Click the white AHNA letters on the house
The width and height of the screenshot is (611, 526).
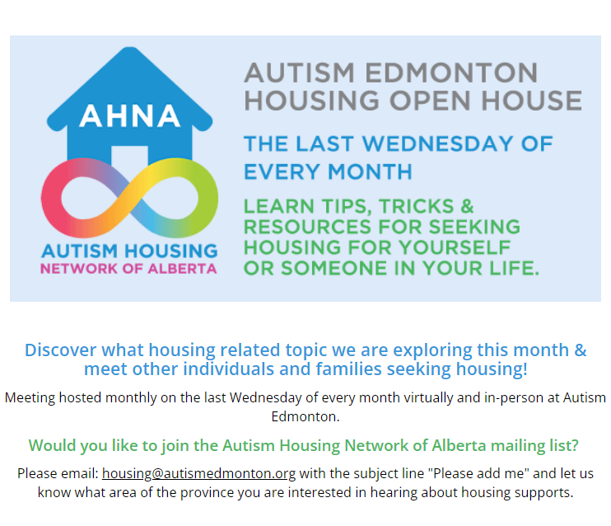click(130, 116)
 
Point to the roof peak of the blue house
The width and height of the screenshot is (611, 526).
click(130, 49)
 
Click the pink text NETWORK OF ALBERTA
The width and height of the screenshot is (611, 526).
click(128, 269)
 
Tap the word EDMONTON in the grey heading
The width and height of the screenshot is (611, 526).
click(451, 73)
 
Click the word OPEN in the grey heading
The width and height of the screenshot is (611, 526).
click(430, 101)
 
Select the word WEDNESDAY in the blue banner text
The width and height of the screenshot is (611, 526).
click(437, 143)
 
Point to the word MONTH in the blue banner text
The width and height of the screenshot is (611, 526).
click(370, 171)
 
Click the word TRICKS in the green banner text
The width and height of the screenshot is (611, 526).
click(416, 206)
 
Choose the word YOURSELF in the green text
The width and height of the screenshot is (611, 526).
click(455, 247)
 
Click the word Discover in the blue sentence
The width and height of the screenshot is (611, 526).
click(60, 350)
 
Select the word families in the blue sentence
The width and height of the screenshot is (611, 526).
click(348, 369)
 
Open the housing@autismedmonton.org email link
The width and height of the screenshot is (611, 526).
click(198, 473)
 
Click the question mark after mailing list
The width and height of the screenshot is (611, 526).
click(575, 445)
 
